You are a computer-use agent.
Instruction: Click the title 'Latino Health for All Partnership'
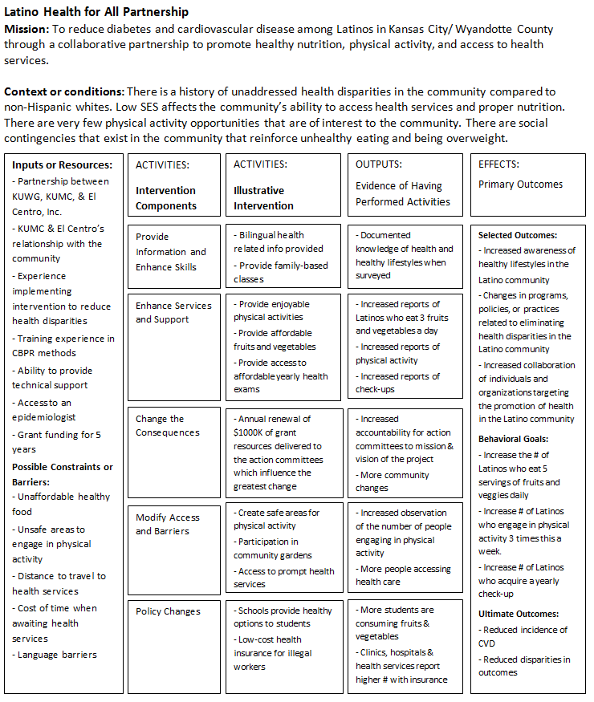tap(97, 12)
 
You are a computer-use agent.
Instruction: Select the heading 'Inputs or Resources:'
tap(62, 165)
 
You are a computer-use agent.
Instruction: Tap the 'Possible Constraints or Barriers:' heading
tap(63, 474)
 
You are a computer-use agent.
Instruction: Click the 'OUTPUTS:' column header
tap(379, 164)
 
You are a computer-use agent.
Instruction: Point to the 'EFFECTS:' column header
tap(499, 164)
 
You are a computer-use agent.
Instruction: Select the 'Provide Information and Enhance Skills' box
tap(171, 252)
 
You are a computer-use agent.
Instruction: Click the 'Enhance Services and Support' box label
tap(173, 312)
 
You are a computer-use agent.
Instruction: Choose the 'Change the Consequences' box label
tap(168, 425)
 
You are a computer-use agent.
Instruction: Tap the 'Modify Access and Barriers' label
tap(167, 524)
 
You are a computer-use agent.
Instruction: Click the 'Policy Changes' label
tap(168, 611)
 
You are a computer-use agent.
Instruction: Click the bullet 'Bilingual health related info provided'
tap(278, 241)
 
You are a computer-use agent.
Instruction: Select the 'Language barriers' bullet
tap(55, 655)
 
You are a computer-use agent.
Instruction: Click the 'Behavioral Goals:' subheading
tap(514, 439)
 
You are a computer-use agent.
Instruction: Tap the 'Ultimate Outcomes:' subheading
tap(518, 614)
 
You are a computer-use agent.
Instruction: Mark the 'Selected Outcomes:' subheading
tap(518, 235)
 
